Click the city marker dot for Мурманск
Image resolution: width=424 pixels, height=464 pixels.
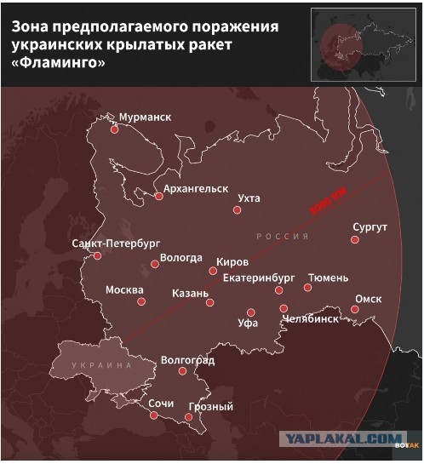(x=114, y=130)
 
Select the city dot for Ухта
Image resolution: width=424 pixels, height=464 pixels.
(x=238, y=210)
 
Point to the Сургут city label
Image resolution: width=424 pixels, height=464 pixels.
(x=370, y=227)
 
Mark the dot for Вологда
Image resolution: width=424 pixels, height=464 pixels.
(x=155, y=264)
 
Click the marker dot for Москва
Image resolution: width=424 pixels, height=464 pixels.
(x=142, y=301)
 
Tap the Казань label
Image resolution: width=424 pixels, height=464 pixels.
(x=190, y=293)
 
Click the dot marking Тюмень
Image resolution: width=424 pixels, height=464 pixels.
(x=308, y=288)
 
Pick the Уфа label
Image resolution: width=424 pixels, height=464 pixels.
(x=248, y=324)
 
